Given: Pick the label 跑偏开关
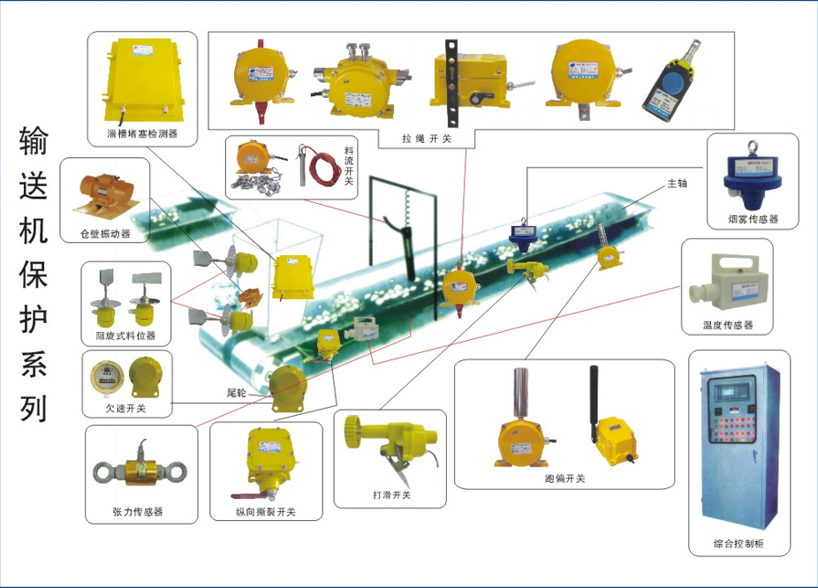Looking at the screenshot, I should pos(564,479).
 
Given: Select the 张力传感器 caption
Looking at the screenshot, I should pos(138,511).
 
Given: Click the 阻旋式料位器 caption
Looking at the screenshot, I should pos(125,335).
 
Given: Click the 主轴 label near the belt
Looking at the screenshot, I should pos(677,184).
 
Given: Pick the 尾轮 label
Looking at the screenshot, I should pos(236,391).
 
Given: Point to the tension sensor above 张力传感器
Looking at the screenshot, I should pos(140,471).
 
